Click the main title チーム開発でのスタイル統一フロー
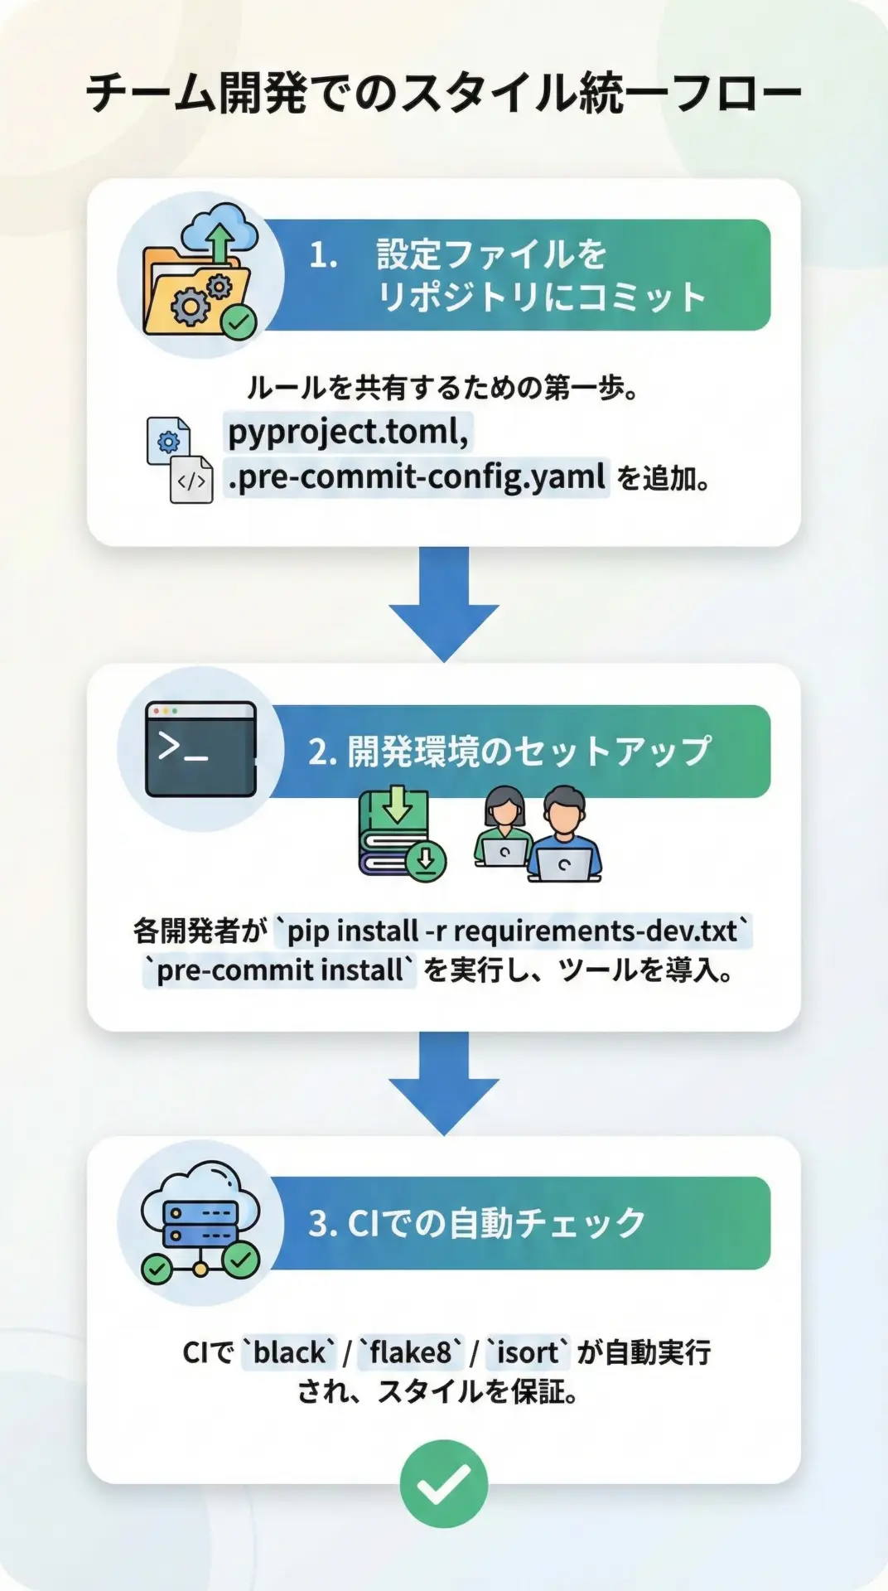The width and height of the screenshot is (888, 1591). (x=444, y=93)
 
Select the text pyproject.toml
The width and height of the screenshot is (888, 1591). (x=348, y=432)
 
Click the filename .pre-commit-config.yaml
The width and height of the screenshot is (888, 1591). (x=417, y=477)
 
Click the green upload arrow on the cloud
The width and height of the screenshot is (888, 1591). (x=220, y=241)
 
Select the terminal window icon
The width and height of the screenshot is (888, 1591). (x=200, y=749)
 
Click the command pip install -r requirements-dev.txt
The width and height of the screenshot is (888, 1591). (x=513, y=931)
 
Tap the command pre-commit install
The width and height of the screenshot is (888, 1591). (x=279, y=970)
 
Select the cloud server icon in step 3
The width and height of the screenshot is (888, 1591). (x=200, y=1222)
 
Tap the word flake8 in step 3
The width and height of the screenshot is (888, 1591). (x=411, y=1352)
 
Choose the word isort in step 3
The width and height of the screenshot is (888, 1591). (x=528, y=1352)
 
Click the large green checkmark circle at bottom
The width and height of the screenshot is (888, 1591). (x=444, y=1483)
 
